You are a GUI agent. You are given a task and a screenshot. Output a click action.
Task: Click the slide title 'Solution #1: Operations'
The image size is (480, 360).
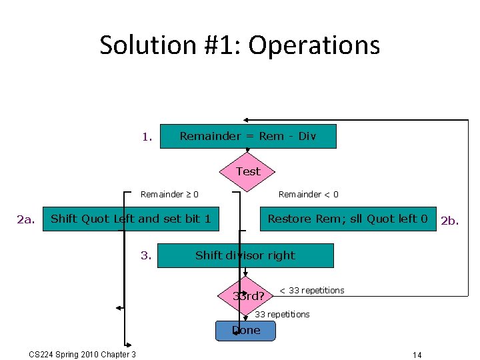click(x=240, y=45)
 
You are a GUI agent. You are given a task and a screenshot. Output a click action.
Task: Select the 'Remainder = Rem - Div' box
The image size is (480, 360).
click(x=248, y=136)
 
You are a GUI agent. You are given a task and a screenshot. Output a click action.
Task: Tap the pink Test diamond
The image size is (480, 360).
click(x=248, y=171)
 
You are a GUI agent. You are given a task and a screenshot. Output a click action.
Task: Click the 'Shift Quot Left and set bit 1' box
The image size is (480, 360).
click(x=131, y=219)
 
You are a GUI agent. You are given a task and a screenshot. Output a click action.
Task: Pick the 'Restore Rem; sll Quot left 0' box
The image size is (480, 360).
click(x=347, y=219)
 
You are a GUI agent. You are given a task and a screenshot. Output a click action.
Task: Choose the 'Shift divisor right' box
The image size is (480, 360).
click(x=245, y=255)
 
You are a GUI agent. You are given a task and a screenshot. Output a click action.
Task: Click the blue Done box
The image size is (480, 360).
click(x=245, y=331)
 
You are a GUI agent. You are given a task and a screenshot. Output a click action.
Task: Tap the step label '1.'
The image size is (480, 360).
click(x=147, y=138)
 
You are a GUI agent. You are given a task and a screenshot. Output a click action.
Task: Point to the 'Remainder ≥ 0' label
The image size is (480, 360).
click(x=169, y=195)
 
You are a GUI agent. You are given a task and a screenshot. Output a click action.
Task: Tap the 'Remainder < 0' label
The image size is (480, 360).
click(x=308, y=195)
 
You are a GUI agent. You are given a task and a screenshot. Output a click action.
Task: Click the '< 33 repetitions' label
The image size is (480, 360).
click(x=311, y=290)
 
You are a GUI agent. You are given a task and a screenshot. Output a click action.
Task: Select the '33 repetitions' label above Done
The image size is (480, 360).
click(x=283, y=314)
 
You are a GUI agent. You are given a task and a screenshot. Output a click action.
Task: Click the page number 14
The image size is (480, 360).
click(x=417, y=355)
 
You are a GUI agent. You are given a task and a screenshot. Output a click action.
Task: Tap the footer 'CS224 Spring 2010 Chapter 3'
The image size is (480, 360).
click(x=83, y=354)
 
